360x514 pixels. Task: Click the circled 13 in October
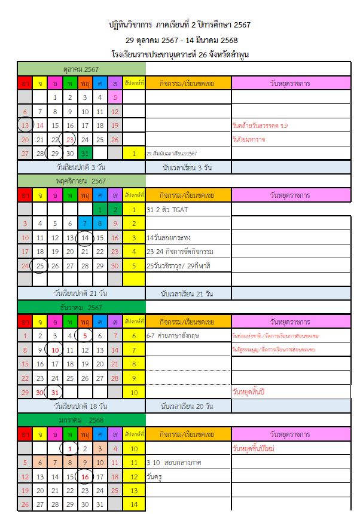(25, 126)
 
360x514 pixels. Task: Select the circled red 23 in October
(70, 140)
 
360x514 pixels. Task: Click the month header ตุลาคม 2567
(81, 69)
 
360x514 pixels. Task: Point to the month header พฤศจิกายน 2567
(81, 180)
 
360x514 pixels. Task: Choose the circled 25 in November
(40, 265)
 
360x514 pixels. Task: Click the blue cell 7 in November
(85, 224)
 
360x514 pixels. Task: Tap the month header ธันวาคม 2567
(81, 307)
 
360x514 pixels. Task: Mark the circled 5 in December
(85, 335)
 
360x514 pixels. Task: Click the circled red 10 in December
(55, 350)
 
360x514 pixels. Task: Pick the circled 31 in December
(55, 392)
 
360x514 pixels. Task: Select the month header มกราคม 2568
(81, 420)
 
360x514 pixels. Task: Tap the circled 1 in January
(70, 448)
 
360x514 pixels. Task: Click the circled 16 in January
(85, 476)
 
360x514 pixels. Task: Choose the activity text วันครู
(155, 477)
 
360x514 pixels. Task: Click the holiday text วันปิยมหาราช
(248, 139)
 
